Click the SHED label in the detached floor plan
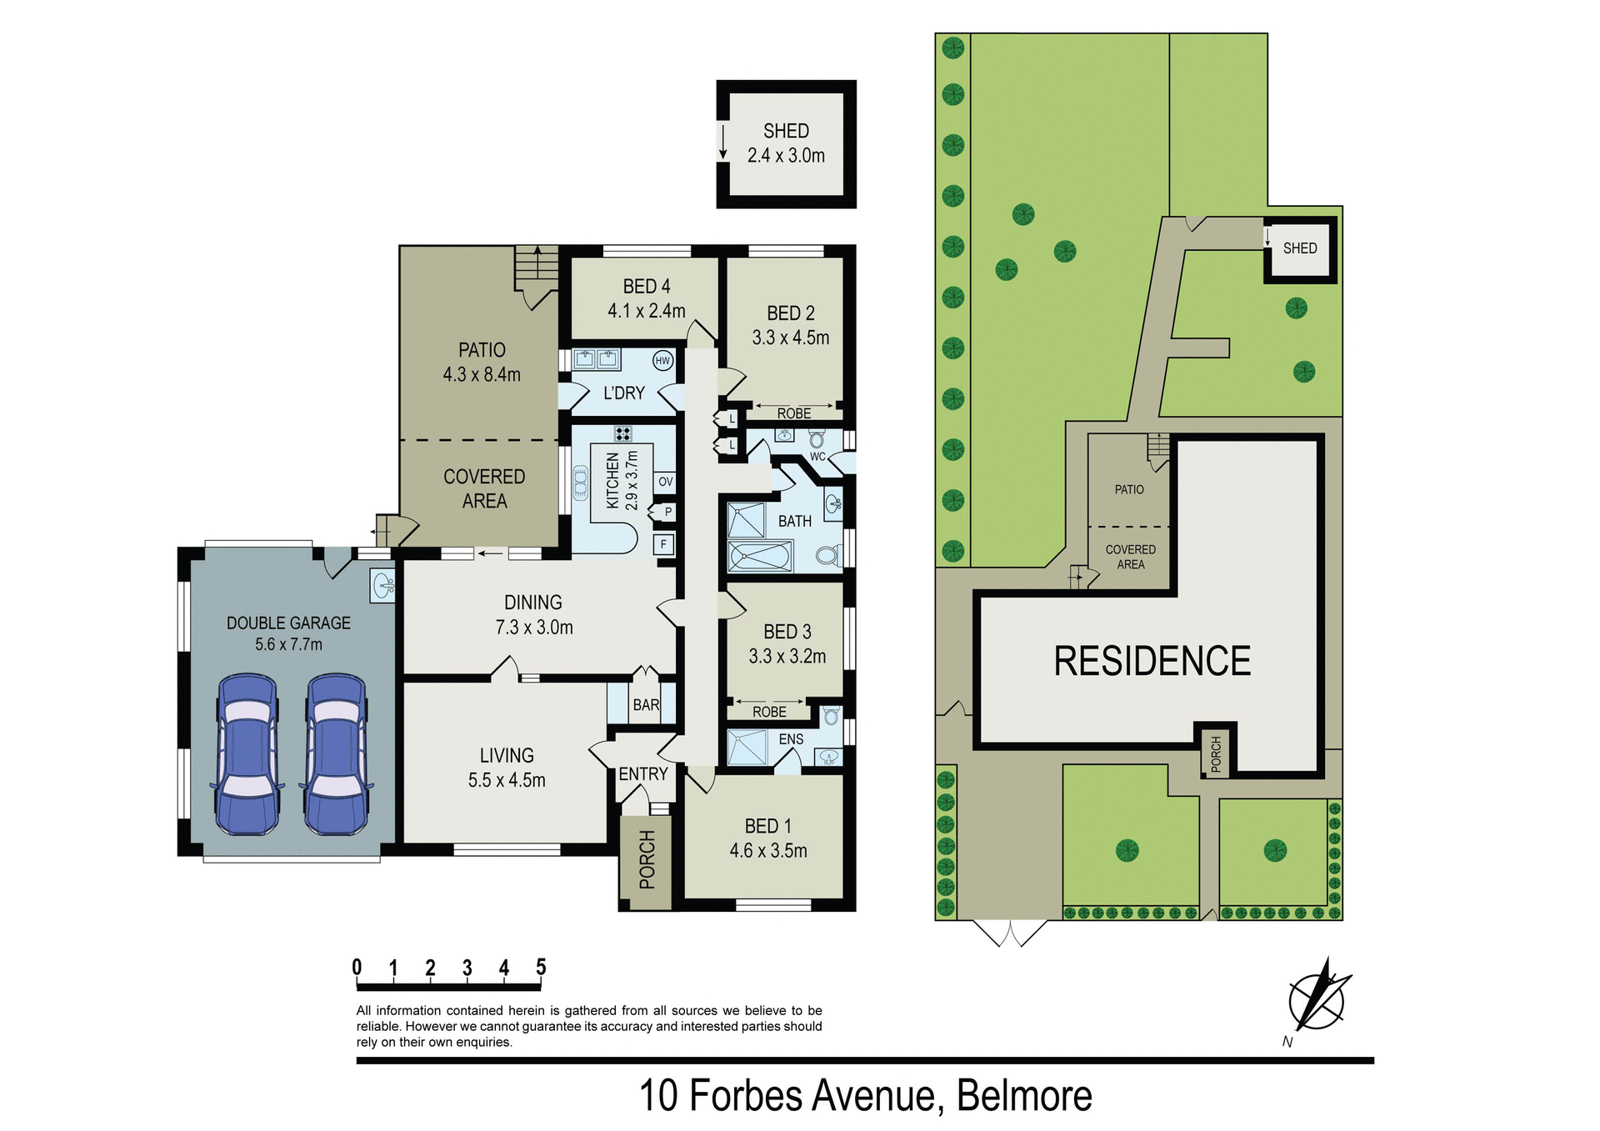pyautogui.click(x=786, y=131)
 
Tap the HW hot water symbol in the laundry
pyautogui.click(x=662, y=361)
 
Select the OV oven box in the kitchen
pyautogui.click(x=665, y=482)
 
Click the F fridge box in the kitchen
pyautogui.click(x=664, y=545)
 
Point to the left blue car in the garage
pyautogui.click(x=247, y=754)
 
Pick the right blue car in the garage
pyautogui.click(x=337, y=754)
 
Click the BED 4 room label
pyautogui.click(x=647, y=287)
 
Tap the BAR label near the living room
pyautogui.click(x=646, y=705)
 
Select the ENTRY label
pyautogui.click(x=642, y=774)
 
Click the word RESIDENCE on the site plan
pyautogui.click(x=1152, y=662)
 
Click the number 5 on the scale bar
pyautogui.click(x=541, y=967)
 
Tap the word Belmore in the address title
pyautogui.click(x=1024, y=1096)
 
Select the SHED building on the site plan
pyautogui.click(x=1300, y=249)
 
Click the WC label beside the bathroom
pyautogui.click(x=817, y=457)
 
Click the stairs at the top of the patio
pyautogui.click(x=537, y=265)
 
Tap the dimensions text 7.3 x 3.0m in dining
pyautogui.click(x=534, y=628)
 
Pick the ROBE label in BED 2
pyautogui.click(x=794, y=413)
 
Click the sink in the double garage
pyautogui.click(x=383, y=584)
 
